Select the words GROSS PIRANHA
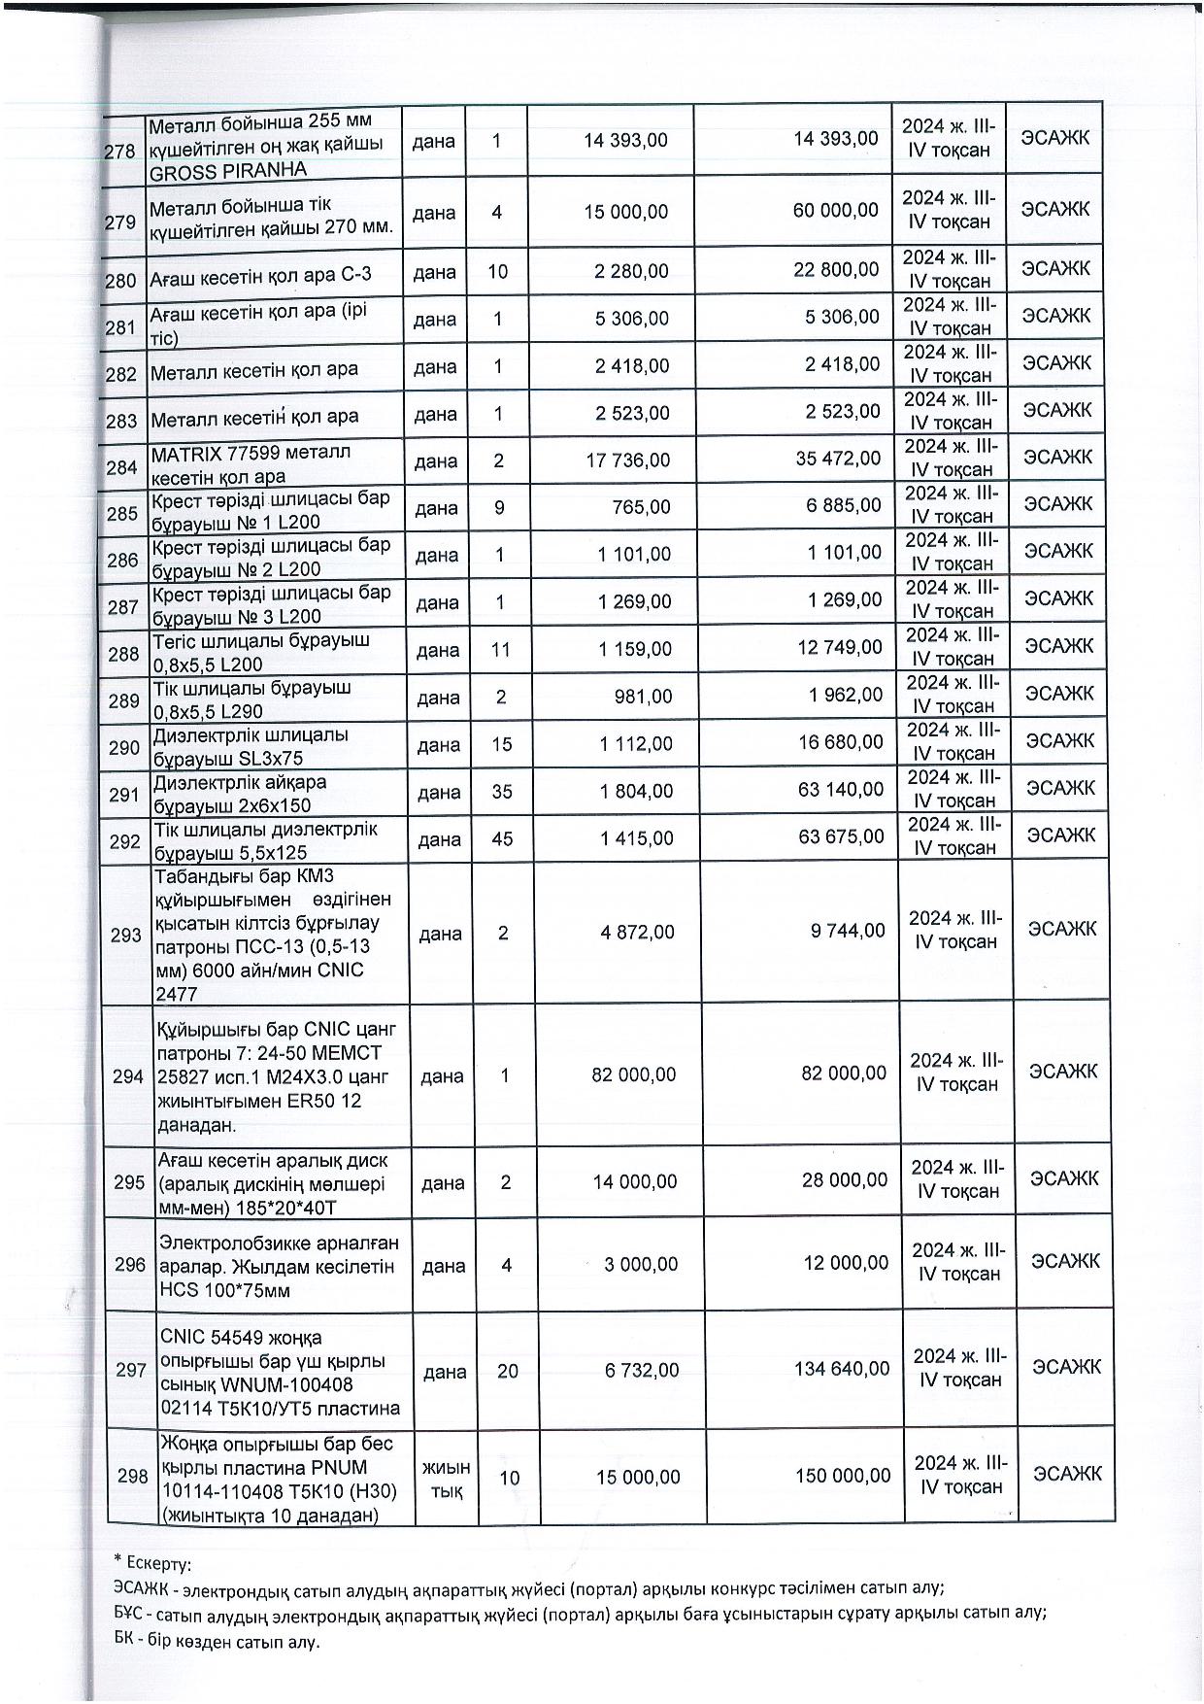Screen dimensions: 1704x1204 (x=227, y=169)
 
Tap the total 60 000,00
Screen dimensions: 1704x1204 (x=835, y=211)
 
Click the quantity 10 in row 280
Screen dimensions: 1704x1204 (x=497, y=272)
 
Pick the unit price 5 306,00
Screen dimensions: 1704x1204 (x=632, y=318)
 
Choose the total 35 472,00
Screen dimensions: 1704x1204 (x=838, y=459)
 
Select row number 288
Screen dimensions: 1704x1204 (x=123, y=654)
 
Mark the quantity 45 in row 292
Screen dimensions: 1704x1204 (x=502, y=838)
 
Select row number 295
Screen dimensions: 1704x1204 (x=129, y=1182)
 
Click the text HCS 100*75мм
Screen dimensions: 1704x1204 (x=224, y=1290)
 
